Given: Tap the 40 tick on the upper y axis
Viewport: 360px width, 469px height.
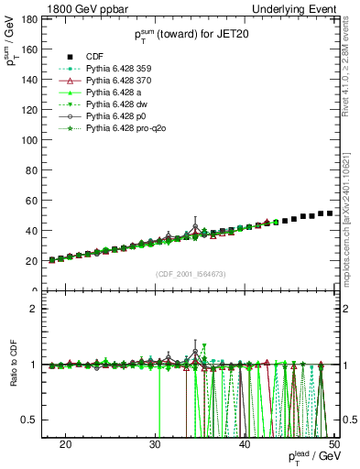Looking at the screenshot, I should click(38, 231).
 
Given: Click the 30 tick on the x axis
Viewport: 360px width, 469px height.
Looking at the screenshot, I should click(155, 442).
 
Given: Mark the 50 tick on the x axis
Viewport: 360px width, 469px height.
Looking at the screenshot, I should click(334, 442).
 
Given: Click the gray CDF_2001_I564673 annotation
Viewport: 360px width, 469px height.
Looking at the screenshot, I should click(192, 274).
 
